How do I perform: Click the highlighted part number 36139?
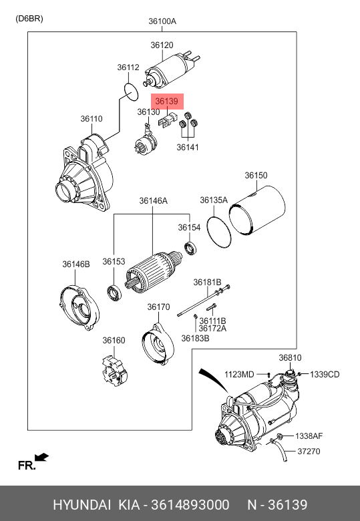(167, 101)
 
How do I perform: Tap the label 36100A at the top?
(162, 21)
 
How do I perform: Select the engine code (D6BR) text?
(29, 19)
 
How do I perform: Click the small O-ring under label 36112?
(130, 92)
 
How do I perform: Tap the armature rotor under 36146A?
(153, 272)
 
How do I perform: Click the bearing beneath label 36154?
(190, 248)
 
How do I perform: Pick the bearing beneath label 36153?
(114, 293)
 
